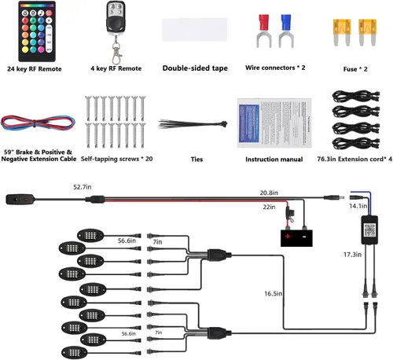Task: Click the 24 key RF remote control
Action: (x=37, y=31)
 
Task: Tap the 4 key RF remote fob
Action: (x=116, y=31)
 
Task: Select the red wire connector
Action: (x=263, y=31)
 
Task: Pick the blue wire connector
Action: (x=286, y=31)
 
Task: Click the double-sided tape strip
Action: (x=194, y=30)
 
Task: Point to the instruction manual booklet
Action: (x=274, y=123)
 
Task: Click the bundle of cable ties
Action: (x=193, y=123)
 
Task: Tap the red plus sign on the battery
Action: (x=288, y=237)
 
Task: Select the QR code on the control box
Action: (x=369, y=230)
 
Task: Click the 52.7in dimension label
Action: (x=83, y=187)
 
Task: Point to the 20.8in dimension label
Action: (x=269, y=193)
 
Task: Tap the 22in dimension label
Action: (x=269, y=207)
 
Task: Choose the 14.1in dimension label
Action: (x=358, y=206)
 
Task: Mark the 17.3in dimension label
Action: (x=352, y=255)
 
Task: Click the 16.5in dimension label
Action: (x=274, y=294)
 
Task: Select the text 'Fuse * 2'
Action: (x=355, y=69)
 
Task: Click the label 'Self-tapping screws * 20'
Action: (x=117, y=159)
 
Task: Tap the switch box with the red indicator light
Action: (x=20, y=200)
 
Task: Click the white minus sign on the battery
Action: (x=304, y=237)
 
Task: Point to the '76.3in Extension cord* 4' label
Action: (x=354, y=159)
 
